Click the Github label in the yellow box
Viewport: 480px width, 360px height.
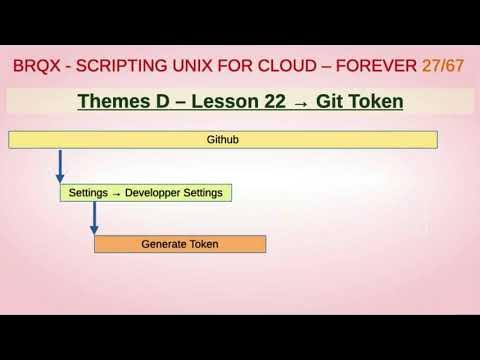[222, 140]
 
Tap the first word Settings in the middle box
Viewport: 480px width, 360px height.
[88, 192]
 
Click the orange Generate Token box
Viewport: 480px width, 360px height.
[179, 244]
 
